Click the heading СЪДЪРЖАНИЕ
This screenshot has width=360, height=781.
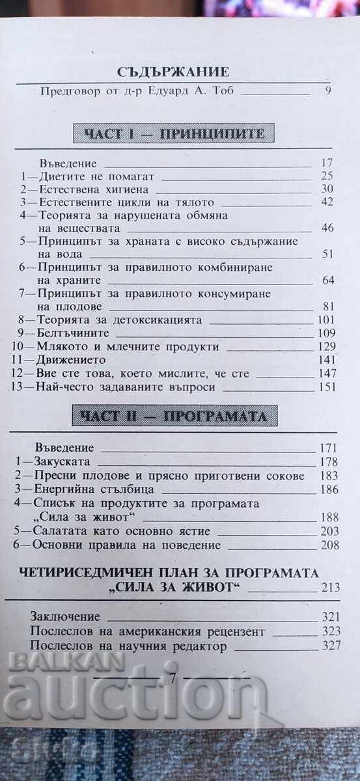click(x=173, y=72)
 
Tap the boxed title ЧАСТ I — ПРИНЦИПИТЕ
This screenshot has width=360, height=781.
click(x=174, y=134)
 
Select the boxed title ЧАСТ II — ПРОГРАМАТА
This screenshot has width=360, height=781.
click(x=174, y=416)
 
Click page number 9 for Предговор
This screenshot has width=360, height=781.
click(x=328, y=90)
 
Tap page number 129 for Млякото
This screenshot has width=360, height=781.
click(x=327, y=346)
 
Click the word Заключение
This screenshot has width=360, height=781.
click(x=65, y=616)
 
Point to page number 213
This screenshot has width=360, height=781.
click(x=330, y=588)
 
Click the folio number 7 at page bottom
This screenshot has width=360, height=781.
click(x=173, y=678)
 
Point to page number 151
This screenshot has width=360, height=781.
click(x=327, y=387)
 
